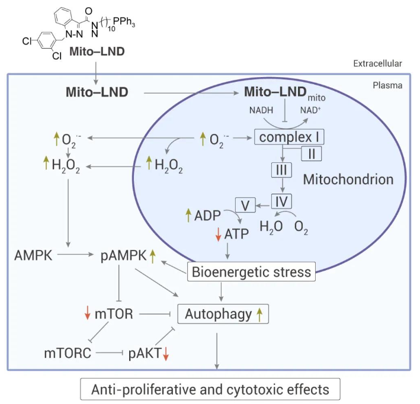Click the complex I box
(x=289, y=139)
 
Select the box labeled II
(x=312, y=153)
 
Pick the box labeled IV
(x=282, y=201)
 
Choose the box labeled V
(x=246, y=206)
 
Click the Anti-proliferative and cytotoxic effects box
(x=210, y=390)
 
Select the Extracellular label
(x=378, y=63)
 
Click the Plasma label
(x=387, y=85)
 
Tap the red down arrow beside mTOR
(x=86, y=313)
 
